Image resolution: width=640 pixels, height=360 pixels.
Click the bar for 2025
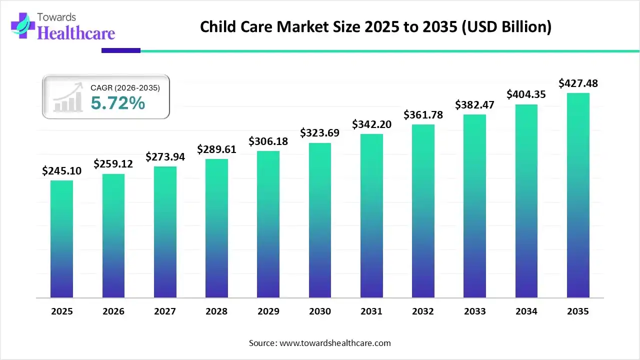pos(61,239)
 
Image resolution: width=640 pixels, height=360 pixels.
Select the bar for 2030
pos(320,220)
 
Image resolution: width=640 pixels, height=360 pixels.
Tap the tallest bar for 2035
pos(578,195)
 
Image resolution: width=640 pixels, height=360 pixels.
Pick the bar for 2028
pos(216,228)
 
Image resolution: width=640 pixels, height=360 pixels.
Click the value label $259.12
pos(113,163)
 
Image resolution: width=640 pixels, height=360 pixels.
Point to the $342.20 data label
pos(371,123)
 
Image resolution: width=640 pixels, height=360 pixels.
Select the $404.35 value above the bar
pos(526,94)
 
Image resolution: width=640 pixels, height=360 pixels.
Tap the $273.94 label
pos(165,156)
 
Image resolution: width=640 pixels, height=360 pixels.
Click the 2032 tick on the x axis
pos(423,311)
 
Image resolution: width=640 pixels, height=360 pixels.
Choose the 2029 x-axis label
pos(268,311)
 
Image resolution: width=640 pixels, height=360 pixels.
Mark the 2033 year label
pos(474,311)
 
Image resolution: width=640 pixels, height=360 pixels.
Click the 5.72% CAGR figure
pos(118,103)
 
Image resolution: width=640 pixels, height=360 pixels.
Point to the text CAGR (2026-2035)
pos(125,88)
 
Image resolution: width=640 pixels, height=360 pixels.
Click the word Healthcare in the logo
pos(76,33)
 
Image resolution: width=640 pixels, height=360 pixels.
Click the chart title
pos(375,27)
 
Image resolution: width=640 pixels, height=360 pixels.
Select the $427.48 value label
pos(578,83)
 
